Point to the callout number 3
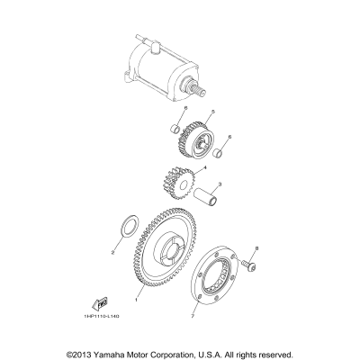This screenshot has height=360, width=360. tap(213, 183)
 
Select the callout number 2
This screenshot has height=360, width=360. tap(113, 252)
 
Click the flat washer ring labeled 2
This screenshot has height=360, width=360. tap(127, 222)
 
